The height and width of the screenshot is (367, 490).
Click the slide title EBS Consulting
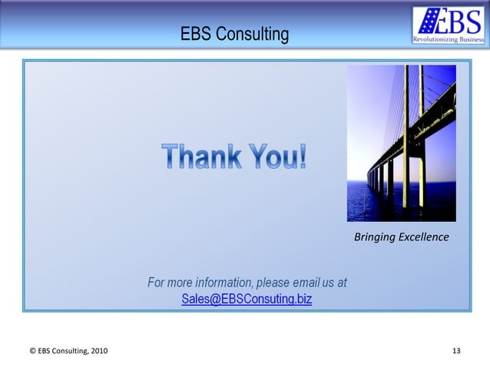(234, 35)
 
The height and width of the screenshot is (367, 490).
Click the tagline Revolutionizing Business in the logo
(449, 38)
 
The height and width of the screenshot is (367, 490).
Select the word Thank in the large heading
(200, 157)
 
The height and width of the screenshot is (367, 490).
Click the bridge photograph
(401, 143)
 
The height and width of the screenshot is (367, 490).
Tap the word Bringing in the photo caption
(373, 237)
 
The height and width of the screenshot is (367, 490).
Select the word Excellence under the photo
(422, 237)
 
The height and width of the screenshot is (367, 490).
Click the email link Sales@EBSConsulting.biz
(247, 299)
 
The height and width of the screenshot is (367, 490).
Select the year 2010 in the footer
(98, 352)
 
